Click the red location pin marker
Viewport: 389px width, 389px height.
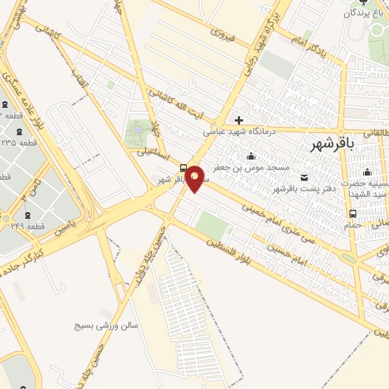point(195,179)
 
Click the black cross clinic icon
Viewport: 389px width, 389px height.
point(239,119)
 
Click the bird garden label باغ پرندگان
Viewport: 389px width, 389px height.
point(363,14)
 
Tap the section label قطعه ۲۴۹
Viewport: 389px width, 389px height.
point(28,226)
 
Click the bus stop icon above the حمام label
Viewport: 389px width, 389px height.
point(373,213)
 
